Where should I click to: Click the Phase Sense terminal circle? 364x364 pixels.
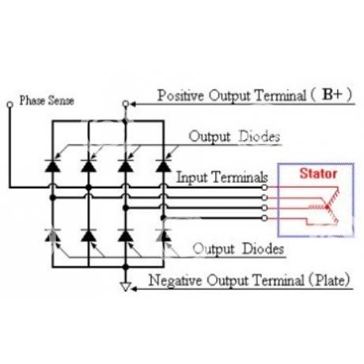(9, 104)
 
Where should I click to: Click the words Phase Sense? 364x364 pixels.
(47, 100)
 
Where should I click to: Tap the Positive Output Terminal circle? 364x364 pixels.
(126, 104)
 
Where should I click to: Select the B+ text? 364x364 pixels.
(332, 94)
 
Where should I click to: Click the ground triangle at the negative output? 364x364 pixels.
(126, 286)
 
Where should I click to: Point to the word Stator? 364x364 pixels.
(318, 173)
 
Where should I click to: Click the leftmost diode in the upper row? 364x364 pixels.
(52, 165)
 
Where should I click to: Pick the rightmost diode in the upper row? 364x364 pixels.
(164, 165)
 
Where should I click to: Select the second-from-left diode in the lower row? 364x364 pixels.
(89, 235)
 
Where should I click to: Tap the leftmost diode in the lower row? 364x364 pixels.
(52, 235)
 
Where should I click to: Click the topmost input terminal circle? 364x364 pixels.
(264, 188)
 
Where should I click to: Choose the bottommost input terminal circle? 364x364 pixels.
(264, 218)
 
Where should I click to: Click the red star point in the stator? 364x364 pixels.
(328, 207)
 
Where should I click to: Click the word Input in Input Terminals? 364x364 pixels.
(191, 177)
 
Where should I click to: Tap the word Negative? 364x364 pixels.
(175, 280)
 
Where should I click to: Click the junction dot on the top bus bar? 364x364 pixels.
(125, 121)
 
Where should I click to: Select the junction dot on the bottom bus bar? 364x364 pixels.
(126, 267)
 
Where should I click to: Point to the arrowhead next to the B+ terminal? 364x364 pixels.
(133, 104)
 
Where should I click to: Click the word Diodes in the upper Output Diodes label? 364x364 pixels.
(260, 137)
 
